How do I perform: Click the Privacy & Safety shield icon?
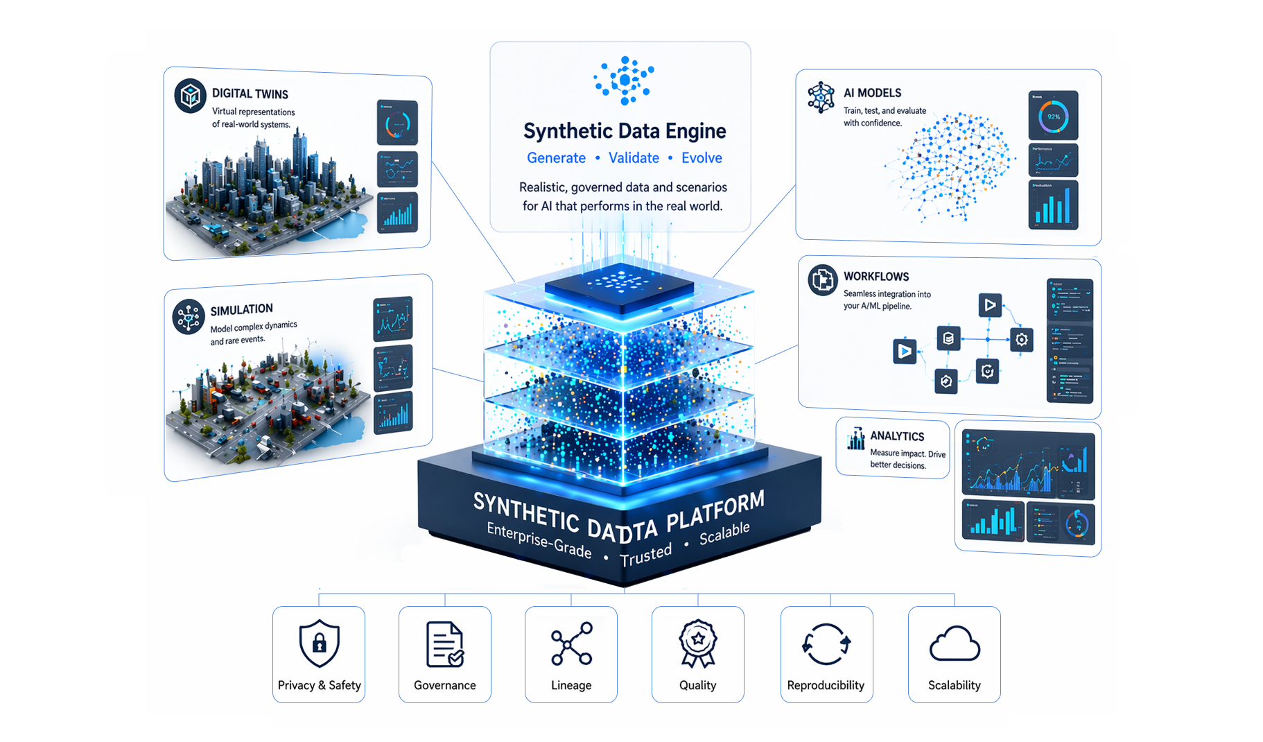(319, 643)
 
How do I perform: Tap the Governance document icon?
(444, 644)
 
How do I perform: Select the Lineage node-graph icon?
(571, 644)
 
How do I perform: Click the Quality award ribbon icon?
(697, 643)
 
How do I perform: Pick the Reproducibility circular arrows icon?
(826, 644)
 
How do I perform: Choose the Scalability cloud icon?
(955, 644)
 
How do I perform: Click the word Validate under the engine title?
(634, 158)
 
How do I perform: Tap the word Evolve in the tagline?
(702, 158)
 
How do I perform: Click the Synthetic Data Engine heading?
(625, 131)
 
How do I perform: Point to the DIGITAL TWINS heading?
(250, 94)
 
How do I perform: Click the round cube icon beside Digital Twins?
(191, 96)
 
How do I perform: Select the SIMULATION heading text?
(241, 309)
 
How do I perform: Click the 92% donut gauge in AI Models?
(1053, 117)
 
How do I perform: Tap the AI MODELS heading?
(872, 93)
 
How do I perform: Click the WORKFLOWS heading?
(876, 276)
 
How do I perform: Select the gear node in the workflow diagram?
(1021, 340)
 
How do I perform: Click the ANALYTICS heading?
(897, 436)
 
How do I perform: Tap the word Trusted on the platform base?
(645, 555)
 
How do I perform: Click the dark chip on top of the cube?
(619, 286)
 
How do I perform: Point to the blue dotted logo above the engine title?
(625, 80)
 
